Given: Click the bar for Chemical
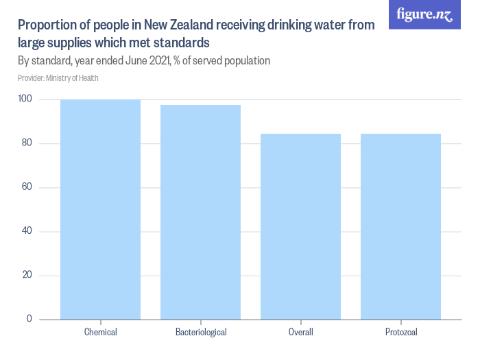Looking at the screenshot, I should tap(100, 209).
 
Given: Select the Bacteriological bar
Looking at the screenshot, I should tap(200, 212).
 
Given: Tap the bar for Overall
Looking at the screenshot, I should tap(300, 226).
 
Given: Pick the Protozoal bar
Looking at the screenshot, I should tap(400, 226).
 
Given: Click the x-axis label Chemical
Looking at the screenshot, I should tap(100, 333).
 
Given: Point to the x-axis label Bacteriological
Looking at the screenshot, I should tap(200, 333).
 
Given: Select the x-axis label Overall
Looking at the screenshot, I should tap(300, 333).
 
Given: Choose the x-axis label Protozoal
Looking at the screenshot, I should tap(400, 333).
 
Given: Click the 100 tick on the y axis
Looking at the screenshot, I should tap(25, 99).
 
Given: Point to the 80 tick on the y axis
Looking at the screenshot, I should tap(27, 143).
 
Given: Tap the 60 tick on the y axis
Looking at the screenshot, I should tap(27, 187).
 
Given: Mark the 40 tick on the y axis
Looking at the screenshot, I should tap(27, 231).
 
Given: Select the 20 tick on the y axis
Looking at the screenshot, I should tap(27, 275).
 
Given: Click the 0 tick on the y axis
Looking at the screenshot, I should tap(29, 319).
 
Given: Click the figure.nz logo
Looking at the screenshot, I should tap(425, 15).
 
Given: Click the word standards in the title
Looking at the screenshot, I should tap(182, 43).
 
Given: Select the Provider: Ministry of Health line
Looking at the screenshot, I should tap(58, 78).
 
